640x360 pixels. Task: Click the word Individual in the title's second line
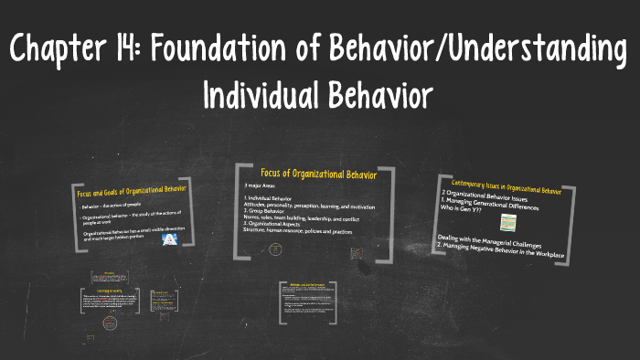(x=261, y=93)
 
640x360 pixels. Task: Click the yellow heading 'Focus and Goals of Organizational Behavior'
(x=132, y=192)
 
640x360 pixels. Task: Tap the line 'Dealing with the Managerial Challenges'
(x=492, y=239)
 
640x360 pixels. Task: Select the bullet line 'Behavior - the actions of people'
(x=114, y=207)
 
